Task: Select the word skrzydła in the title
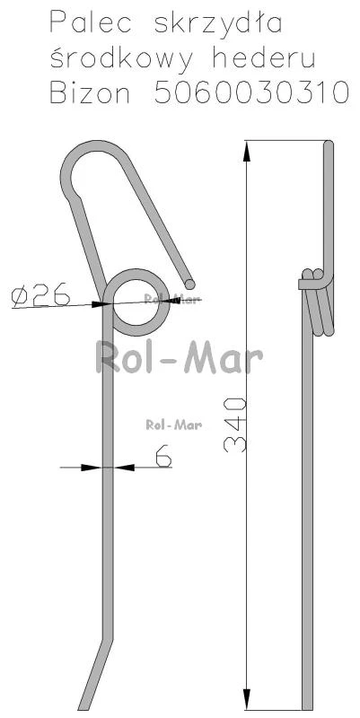pyautogui.click(x=218, y=24)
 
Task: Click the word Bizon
pyautogui.click(x=90, y=93)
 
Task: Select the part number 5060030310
pyautogui.click(x=252, y=93)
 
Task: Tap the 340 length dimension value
pyautogui.click(x=235, y=425)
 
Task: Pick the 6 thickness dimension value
pyautogui.click(x=163, y=455)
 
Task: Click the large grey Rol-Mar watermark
pyautogui.click(x=180, y=358)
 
